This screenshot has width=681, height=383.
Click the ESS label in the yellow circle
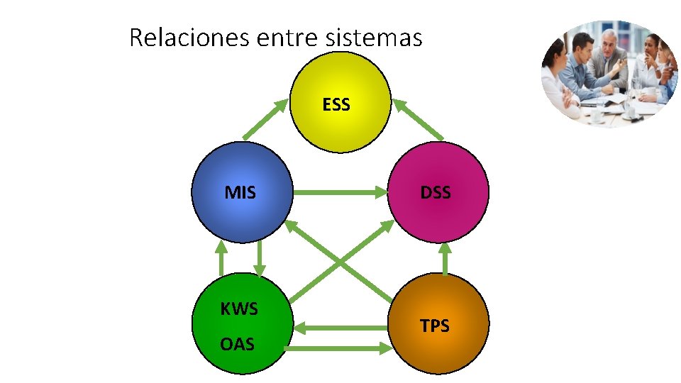(336, 105)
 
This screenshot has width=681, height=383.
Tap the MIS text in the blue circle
(240, 192)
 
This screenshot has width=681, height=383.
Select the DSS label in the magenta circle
(436, 192)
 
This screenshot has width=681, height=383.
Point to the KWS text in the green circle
(239, 309)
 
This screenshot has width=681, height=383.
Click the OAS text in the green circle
(237, 345)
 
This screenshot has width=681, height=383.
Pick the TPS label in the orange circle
(434, 326)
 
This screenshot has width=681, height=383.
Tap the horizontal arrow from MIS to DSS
(340, 191)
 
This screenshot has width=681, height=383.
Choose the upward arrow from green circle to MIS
(221, 258)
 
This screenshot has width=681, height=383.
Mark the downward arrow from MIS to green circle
(260, 258)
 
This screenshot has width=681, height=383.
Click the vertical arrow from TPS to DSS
(445, 260)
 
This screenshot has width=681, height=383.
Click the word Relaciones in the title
(189, 37)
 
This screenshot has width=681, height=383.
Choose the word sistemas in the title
(374, 38)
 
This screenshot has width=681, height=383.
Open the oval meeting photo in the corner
(609, 74)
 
